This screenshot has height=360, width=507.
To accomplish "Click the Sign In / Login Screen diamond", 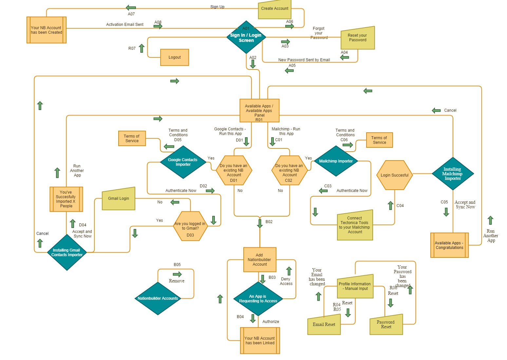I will (246, 37).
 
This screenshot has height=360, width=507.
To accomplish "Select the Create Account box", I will (275, 9).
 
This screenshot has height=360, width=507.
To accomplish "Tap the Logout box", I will (175, 57).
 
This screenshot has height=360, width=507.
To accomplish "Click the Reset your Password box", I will (357, 38).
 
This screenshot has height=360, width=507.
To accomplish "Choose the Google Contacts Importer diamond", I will (183, 162).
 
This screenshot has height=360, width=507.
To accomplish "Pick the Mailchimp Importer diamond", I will (336, 161).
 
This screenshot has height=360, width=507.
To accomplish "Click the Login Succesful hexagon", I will (394, 175).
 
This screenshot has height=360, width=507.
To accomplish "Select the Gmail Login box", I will (119, 199).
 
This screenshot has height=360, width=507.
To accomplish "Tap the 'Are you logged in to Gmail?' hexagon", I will (190, 226).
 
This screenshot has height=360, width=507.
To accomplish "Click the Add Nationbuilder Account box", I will (260, 260).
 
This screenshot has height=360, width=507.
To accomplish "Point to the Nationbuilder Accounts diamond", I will (158, 298).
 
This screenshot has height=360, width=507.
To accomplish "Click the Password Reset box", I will (386, 325).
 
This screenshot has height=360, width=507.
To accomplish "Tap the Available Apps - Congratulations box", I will (449, 245).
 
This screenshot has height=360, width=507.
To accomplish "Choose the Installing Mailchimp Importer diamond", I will (453, 174).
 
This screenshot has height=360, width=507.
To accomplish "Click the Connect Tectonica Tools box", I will (355, 225).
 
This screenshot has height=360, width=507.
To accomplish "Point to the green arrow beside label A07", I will (131, 8).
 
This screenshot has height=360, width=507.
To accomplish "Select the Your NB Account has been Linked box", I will (260, 341).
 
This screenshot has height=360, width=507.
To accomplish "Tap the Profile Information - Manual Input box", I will (355, 286).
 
